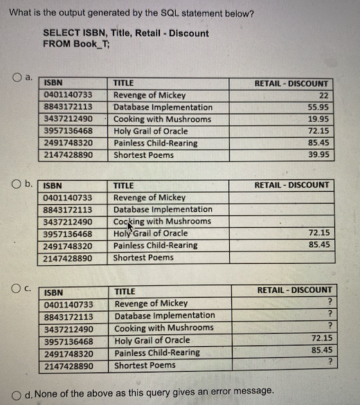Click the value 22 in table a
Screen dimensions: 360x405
click(x=323, y=96)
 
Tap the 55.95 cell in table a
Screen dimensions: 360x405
click(x=318, y=107)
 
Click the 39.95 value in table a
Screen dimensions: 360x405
click(x=318, y=155)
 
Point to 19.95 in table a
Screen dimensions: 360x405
click(x=318, y=119)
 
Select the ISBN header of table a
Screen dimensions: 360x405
click(x=53, y=83)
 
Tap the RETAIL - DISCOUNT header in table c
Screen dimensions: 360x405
click(x=295, y=290)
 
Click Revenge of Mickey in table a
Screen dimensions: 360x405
click(x=149, y=96)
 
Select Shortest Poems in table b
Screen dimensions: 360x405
click(x=143, y=258)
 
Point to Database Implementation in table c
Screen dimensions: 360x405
click(x=164, y=316)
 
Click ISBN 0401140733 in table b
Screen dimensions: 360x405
click(x=68, y=198)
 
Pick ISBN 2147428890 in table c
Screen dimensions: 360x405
click(x=68, y=366)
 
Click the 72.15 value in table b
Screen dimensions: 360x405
click(x=318, y=233)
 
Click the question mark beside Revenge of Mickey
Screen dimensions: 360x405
click(x=331, y=303)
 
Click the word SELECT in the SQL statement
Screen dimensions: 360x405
click(x=59, y=33)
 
